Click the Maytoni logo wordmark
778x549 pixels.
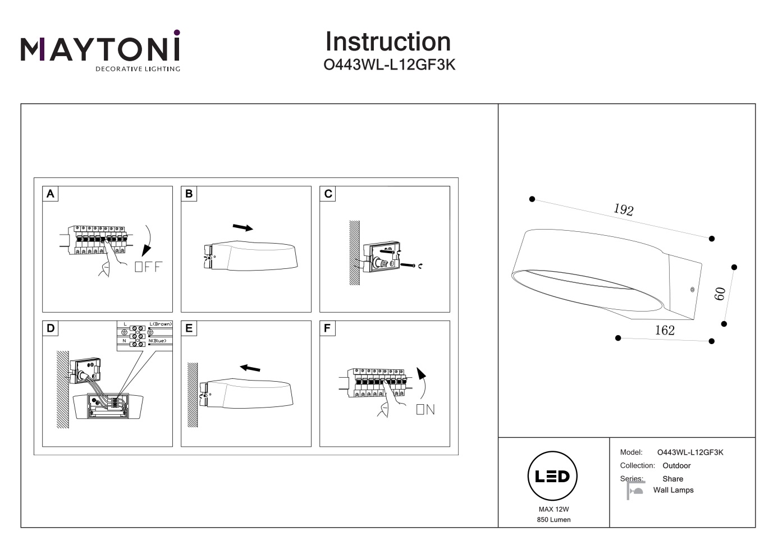[x=100, y=49]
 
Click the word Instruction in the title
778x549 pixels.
[x=388, y=42]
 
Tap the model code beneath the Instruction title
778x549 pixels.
[x=390, y=65]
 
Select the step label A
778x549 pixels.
[x=51, y=194]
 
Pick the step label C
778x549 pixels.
[x=328, y=194]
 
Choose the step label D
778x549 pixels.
[x=51, y=328]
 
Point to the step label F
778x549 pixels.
[x=327, y=328]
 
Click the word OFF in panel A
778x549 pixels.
[x=148, y=267]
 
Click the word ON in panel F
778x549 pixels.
[x=425, y=410]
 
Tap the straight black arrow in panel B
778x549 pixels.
[x=242, y=227]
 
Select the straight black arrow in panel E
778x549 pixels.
[x=250, y=368]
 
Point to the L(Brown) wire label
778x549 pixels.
[x=161, y=324]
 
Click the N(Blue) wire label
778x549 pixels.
[x=158, y=341]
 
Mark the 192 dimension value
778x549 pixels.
[x=623, y=210]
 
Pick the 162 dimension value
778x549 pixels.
[x=665, y=330]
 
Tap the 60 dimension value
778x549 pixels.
[x=720, y=294]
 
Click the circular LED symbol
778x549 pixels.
[x=553, y=476]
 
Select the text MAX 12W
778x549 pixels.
[x=553, y=509]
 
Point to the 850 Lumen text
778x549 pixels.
[x=553, y=520]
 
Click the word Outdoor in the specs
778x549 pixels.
[x=676, y=466]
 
